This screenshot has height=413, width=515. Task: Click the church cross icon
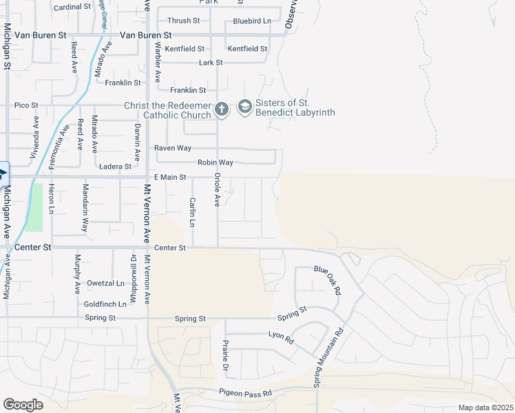[221, 109]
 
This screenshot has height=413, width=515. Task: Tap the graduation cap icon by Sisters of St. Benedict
[244, 107]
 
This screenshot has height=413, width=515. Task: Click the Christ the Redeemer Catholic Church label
[167, 109]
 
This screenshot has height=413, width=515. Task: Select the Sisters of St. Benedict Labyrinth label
[295, 107]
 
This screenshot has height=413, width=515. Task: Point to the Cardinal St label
[72, 6]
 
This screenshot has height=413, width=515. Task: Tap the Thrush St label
[183, 21]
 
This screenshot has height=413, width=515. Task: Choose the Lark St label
[211, 63]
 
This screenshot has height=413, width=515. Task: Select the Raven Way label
[172, 148]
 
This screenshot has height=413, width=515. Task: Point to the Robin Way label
[215, 162]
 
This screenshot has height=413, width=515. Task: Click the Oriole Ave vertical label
[216, 190]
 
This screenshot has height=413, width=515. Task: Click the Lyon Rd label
[281, 337]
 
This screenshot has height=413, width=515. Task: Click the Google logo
[23, 405]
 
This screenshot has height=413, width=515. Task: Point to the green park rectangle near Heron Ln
[34, 207]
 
